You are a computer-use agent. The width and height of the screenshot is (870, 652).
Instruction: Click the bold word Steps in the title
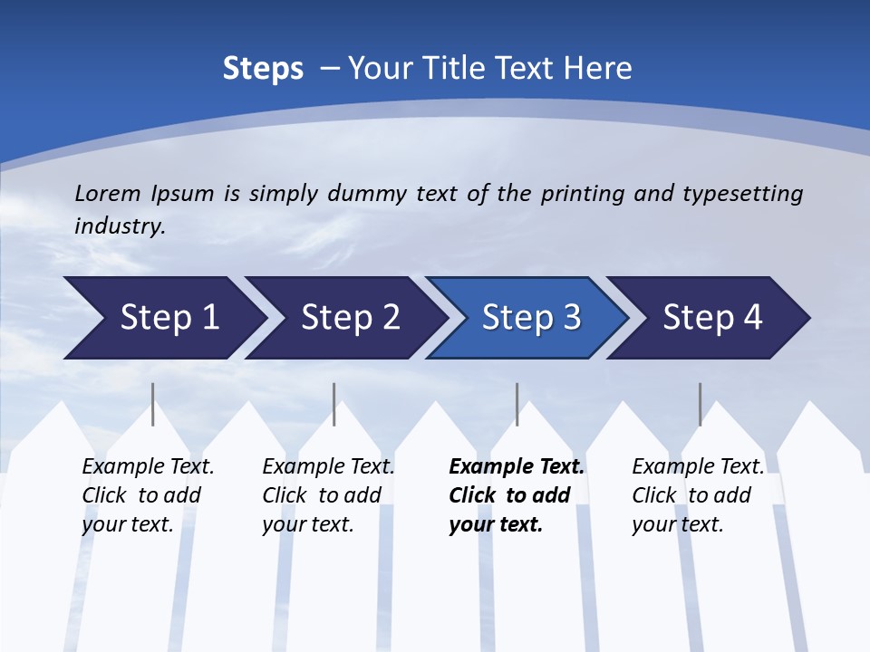click(x=263, y=69)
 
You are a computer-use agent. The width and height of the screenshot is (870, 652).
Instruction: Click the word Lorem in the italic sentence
click(x=107, y=194)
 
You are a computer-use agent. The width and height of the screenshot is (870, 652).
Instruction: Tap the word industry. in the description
click(x=120, y=226)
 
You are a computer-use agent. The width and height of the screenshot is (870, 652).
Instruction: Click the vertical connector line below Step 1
click(x=153, y=404)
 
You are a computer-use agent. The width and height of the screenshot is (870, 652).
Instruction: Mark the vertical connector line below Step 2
click(x=334, y=404)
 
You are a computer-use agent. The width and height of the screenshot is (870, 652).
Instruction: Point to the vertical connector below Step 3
click(x=517, y=404)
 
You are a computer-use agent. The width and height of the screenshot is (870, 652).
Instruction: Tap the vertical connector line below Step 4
click(x=701, y=404)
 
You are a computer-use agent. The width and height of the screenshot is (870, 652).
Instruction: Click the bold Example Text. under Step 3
click(x=517, y=467)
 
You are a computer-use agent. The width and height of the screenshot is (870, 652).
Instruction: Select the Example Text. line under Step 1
click(x=148, y=467)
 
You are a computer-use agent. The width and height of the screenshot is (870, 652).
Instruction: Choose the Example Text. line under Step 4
click(x=698, y=467)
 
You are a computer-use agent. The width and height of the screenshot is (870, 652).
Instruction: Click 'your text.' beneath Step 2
click(x=307, y=524)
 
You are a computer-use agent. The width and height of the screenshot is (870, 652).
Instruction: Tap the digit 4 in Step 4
click(x=751, y=318)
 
